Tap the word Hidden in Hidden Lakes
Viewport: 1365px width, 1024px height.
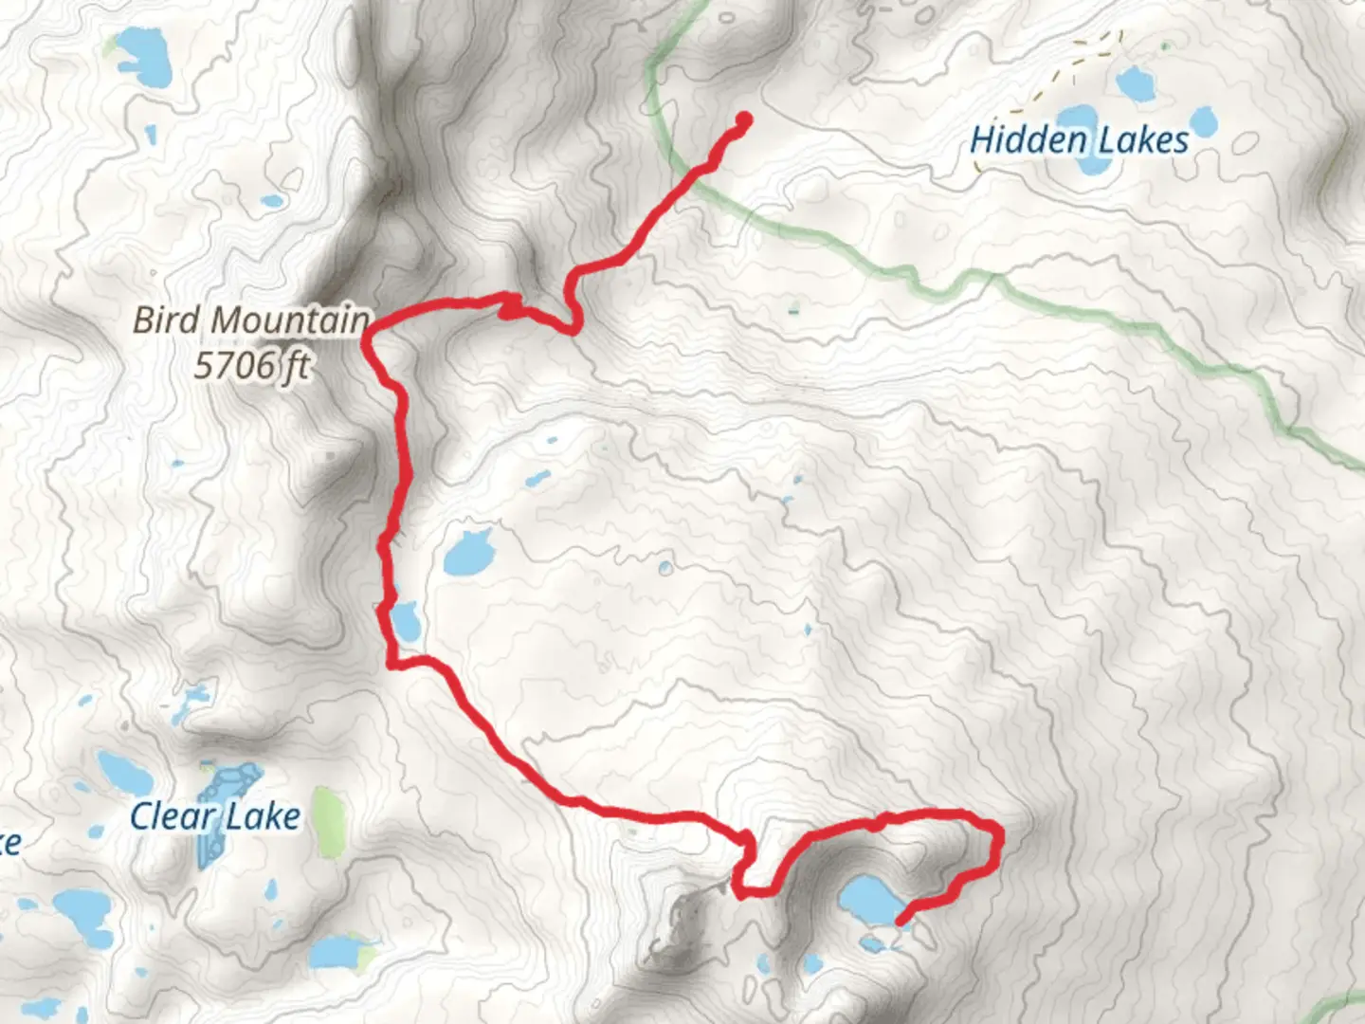click(1028, 140)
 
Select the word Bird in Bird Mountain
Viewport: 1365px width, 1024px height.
click(166, 320)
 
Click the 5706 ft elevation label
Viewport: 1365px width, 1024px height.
click(251, 364)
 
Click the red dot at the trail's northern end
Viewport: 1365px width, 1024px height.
click(744, 119)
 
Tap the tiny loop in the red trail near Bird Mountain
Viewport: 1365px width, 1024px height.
click(510, 307)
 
